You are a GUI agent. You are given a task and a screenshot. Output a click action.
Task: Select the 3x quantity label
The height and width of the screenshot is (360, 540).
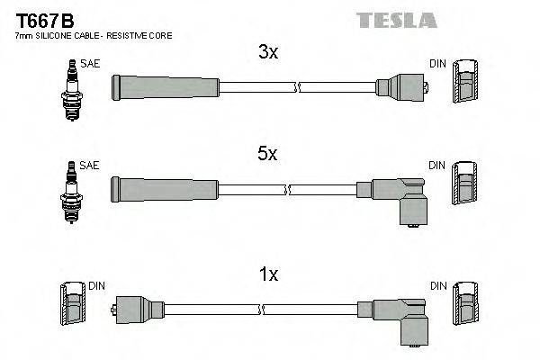(x=268, y=52)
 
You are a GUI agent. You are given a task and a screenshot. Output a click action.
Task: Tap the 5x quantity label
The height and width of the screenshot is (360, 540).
(x=268, y=155)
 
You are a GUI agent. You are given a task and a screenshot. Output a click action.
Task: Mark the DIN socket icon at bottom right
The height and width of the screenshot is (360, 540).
(x=464, y=310)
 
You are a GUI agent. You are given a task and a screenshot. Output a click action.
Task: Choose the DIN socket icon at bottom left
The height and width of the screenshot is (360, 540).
(x=71, y=310)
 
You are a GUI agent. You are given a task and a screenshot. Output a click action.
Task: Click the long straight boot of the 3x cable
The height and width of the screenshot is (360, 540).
(x=165, y=87)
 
